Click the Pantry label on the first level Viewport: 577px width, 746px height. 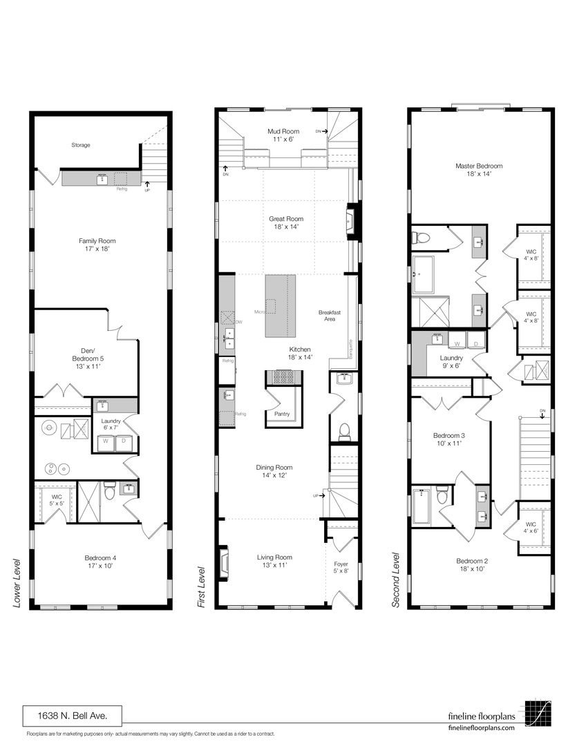pyautogui.click(x=282, y=414)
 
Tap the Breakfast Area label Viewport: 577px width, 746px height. pyautogui.click(x=330, y=316)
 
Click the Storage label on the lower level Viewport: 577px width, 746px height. pyautogui.click(x=80, y=145)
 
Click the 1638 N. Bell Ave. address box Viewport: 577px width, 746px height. pyautogui.click(x=73, y=715)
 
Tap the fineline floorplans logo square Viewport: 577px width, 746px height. pyautogui.click(x=538, y=714)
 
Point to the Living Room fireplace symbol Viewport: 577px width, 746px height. pyautogui.click(x=223, y=562)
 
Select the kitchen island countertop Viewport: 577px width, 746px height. pyautogui.click(x=280, y=305)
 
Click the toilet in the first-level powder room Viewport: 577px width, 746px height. pyautogui.click(x=343, y=432)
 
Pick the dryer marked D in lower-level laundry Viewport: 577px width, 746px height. pyautogui.click(x=124, y=443)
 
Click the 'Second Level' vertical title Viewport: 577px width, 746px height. pyautogui.click(x=396, y=580)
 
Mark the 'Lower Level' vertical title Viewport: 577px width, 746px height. pyautogui.click(x=17, y=583)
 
